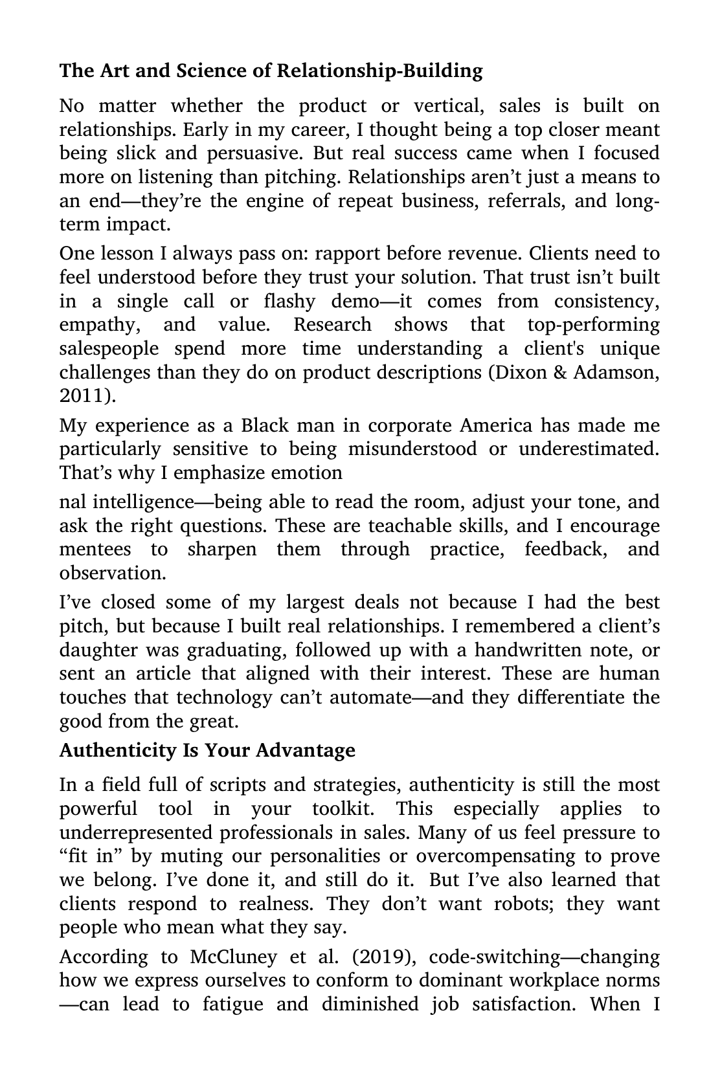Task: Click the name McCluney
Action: point(240,957)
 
